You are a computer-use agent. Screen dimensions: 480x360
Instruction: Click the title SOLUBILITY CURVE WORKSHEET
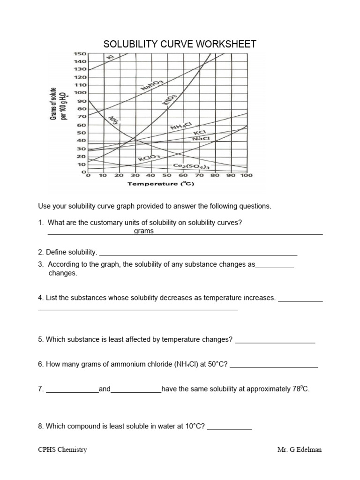point(180,45)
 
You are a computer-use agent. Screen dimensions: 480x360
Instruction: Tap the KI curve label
point(111,57)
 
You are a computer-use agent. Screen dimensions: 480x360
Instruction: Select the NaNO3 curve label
point(151,85)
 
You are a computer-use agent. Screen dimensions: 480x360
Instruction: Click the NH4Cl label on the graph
point(181,126)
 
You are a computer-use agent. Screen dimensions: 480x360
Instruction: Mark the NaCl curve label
point(201,139)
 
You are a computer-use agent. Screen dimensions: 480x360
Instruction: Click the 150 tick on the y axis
point(80,54)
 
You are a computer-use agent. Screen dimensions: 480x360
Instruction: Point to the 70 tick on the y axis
point(82,116)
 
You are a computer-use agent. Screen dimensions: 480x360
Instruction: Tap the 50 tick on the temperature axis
point(167,176)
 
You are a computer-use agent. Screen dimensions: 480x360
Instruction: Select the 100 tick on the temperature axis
point(247,176)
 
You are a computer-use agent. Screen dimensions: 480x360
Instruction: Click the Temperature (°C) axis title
point(161,184)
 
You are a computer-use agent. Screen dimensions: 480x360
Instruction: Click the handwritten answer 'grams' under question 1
point(143,231)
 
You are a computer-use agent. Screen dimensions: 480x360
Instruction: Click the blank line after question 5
point(275,342)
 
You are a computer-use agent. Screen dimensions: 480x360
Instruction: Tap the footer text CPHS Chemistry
point(62,450)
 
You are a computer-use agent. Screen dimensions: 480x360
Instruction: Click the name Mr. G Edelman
point(300,450)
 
